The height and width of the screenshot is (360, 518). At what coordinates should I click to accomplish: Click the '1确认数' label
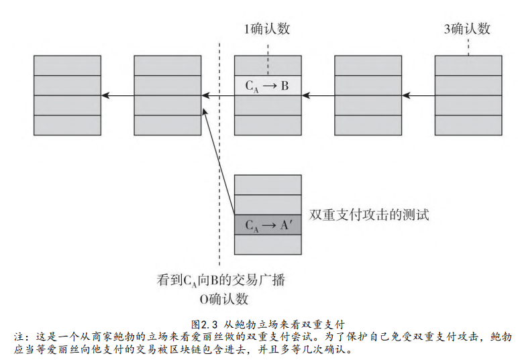pos(268,29)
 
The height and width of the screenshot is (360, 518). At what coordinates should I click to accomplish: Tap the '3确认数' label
pos(467,29)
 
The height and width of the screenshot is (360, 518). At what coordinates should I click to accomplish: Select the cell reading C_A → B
pos(268,85)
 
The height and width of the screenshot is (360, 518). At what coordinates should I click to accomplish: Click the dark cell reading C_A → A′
pos(268,225)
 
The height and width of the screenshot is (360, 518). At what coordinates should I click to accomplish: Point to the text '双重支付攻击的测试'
pos(368,215)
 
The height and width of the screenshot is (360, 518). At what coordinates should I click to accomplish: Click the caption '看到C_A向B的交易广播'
pos(221,280)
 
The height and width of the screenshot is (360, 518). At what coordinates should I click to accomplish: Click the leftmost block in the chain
pos(67,96)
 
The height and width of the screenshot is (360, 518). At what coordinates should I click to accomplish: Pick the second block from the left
pos(168,96)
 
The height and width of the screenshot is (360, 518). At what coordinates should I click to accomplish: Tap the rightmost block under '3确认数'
pos(468,96)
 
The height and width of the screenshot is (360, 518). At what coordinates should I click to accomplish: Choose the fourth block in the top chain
pos(368,96)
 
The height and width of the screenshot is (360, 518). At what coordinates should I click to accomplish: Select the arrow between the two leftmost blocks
pos(117,96)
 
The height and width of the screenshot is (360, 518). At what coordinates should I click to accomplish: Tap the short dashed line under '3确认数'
pos(468,47)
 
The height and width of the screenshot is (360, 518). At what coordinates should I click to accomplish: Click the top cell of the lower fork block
pos(268,184)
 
